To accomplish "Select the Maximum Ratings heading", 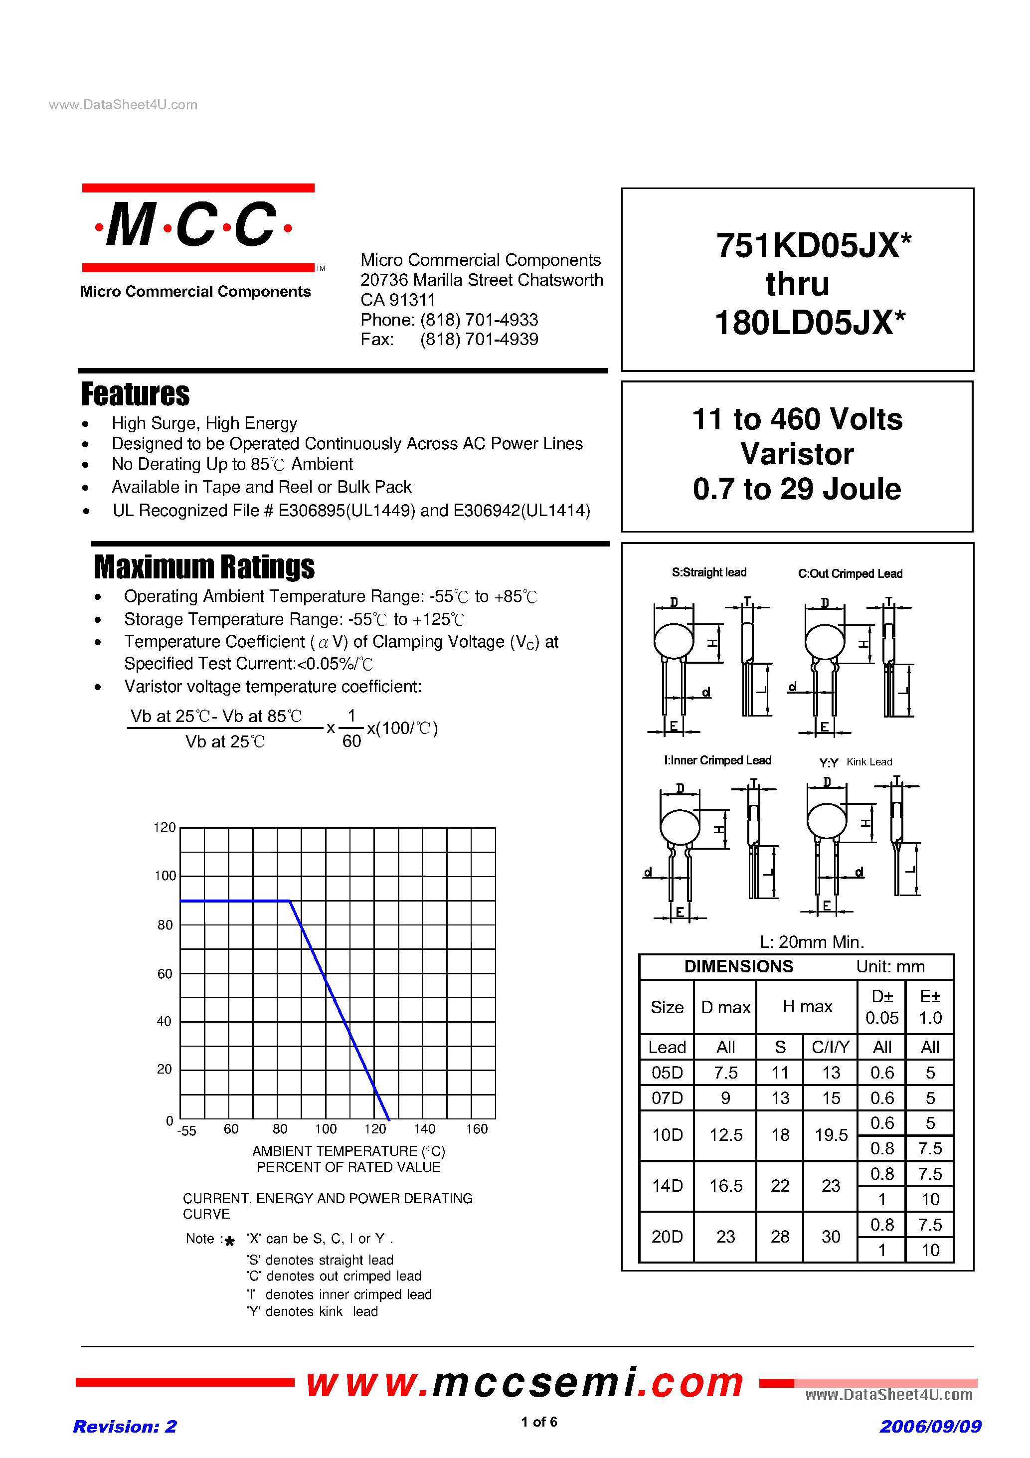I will (204, 567).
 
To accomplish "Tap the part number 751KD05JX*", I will (813, 246).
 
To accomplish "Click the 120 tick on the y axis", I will (165, 827).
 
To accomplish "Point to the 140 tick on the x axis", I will (424, 1129).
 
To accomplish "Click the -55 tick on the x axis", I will (186, 1131).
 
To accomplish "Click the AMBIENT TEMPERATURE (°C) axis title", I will (348, 1151).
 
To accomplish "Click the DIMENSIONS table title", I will (738, 966).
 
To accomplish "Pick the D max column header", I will (725, 1008).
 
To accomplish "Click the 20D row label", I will (667, 1237).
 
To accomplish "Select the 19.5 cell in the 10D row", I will (831, 1135).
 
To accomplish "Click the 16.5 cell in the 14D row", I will (725, 1186).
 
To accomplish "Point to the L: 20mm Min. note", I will (812, 942).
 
